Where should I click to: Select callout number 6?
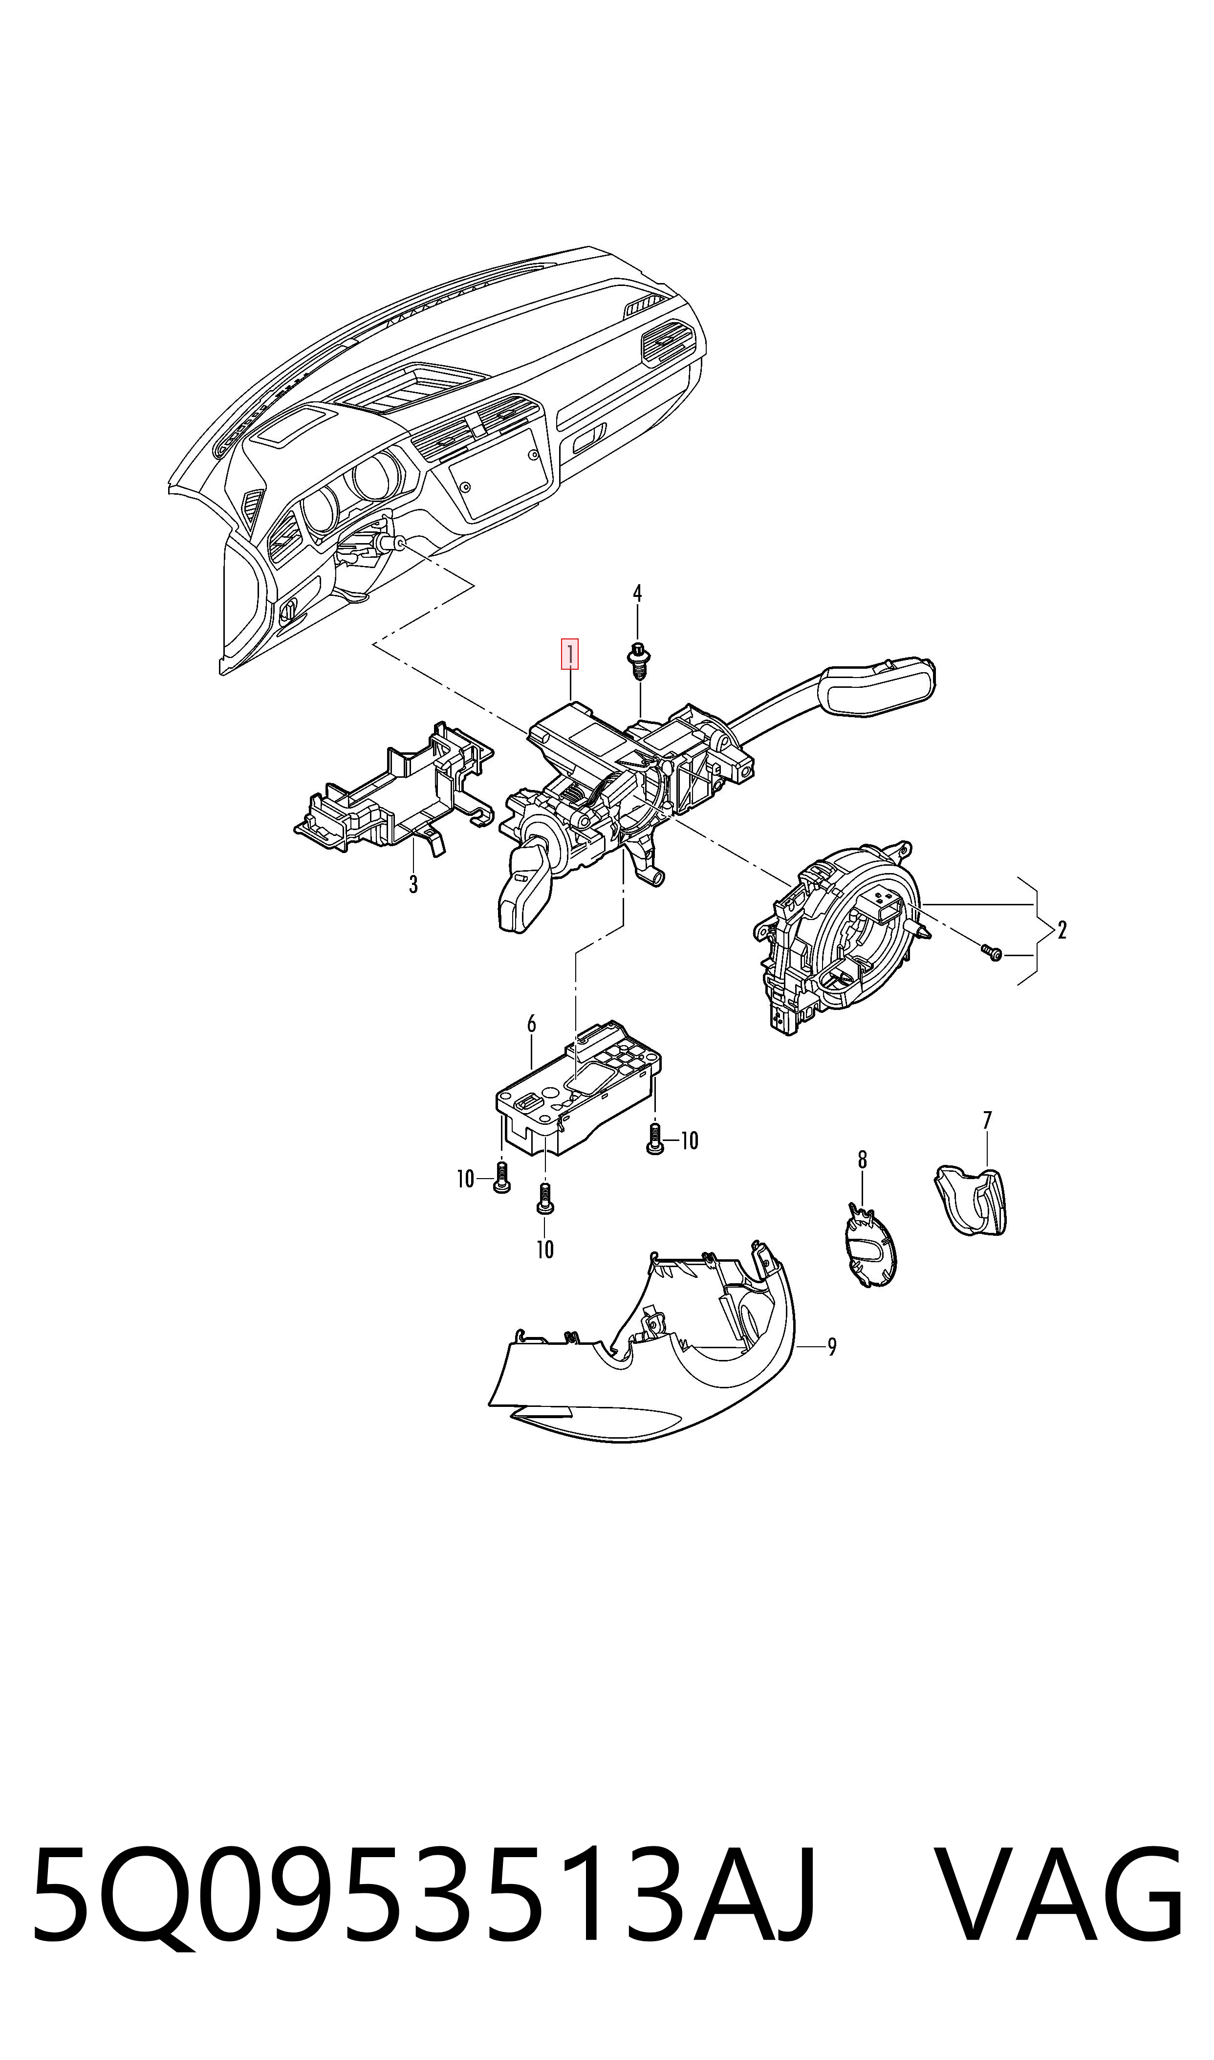click(x=532, y=1024)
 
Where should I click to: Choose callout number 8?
click(x=862, y=1159)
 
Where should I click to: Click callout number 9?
click(x=832, y=1346)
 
